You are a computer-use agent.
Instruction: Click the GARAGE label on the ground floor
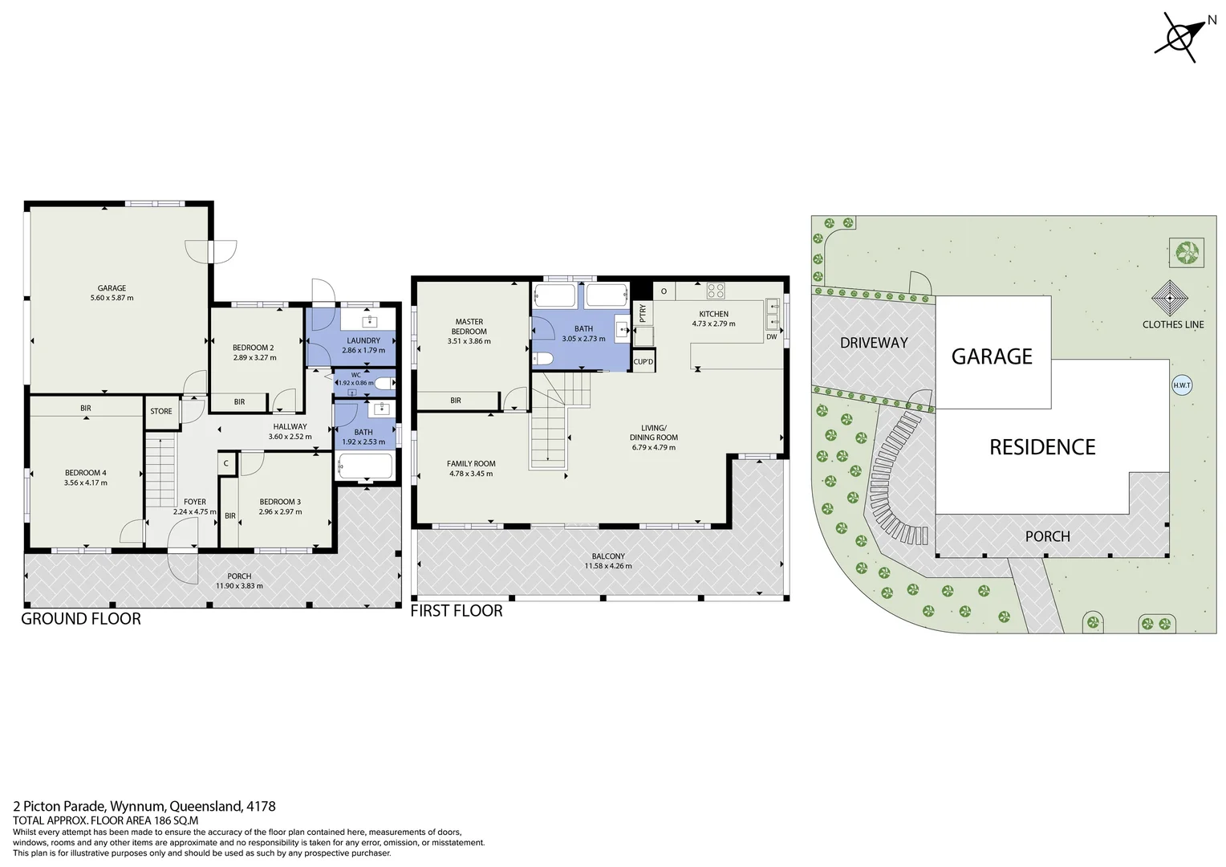(x=112, y=288)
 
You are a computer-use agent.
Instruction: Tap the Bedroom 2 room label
(x=254, y=348)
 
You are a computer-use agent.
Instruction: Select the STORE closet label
(x=161, y=411)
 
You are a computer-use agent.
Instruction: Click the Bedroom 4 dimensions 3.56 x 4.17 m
(x=85, y=483)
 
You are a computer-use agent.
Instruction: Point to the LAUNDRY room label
(x=363, y=340)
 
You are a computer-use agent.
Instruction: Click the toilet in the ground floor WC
(x=384, y=383)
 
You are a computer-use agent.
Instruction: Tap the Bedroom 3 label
(x=280, y=502)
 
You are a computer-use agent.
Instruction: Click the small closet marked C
(x=226, y=463)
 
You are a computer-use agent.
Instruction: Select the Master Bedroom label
(x=469, y=327)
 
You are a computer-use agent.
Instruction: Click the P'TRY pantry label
(x=643, y=311)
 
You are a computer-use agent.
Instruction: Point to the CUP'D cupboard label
(x=643, y=361)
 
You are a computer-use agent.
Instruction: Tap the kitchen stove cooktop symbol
(x=716, y=291)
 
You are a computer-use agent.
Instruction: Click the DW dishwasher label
(x=771, y=337)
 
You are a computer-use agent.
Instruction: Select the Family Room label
(x=471, y=463)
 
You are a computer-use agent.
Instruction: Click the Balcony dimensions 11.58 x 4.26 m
(x=608, y=566)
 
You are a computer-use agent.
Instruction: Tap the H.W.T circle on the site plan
(x=1182, y=385)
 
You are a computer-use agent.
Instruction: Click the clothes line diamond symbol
(x=1171, y=298)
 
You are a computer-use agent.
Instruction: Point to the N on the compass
(x=1212, y=20)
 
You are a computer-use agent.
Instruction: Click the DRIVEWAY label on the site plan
(x=874, y=343)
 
